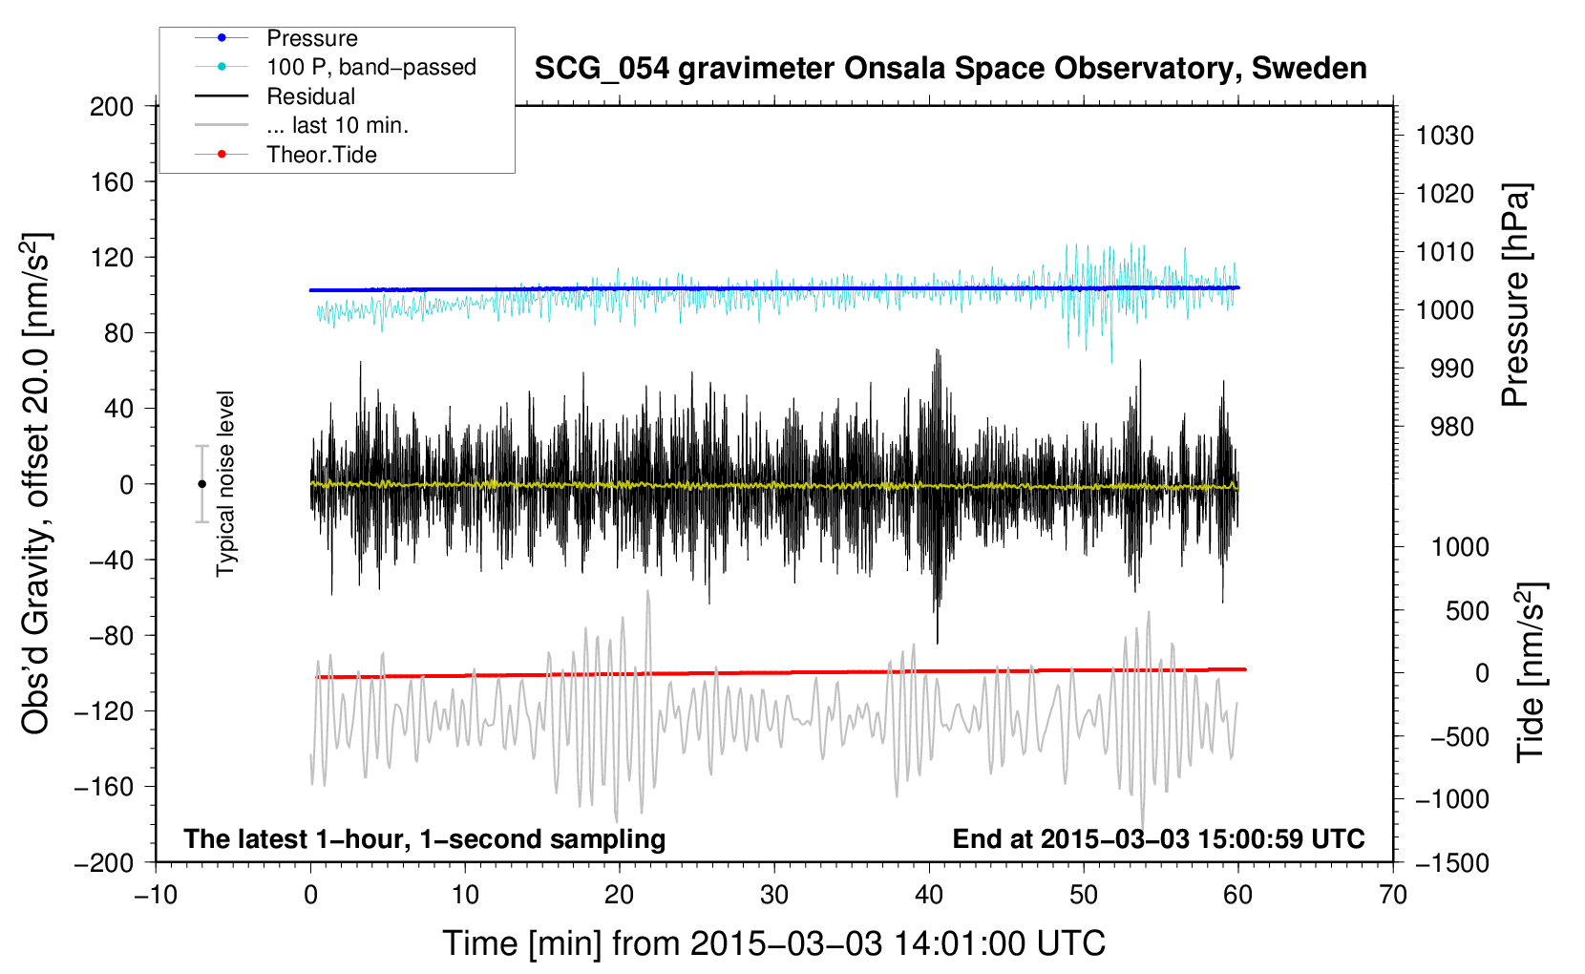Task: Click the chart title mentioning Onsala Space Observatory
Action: pyautogui.click(x=950, y=69)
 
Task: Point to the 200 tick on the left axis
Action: pyautogui.click(x=112, y=107)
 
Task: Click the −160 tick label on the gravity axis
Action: pyautogui.click(x=104, y=787)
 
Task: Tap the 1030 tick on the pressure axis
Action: pyautogui.click(x=1445, y=136)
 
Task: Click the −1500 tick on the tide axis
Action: pyautogui.click(x=1452, y=863)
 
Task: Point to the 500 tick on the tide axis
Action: pyautogui.click(x=1467, y=610)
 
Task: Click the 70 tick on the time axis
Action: pyautogui.click(x=1393, y=896)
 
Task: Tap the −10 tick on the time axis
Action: pyautogui.click(x=156, y=896)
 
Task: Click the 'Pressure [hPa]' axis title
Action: pyautogui.click(x=1516, y=296)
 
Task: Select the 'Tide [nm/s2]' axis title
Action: pyautogui.click(x=1532, y=672)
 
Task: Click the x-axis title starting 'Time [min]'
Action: pyautogui.click(x=774, y=943)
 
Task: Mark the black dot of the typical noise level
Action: pyautogui.click(x=201, y=484)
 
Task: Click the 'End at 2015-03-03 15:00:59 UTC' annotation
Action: pyautogui.click(x=1158, y=838)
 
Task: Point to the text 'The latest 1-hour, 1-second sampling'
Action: pyautogui.click(x=425, y=839)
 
